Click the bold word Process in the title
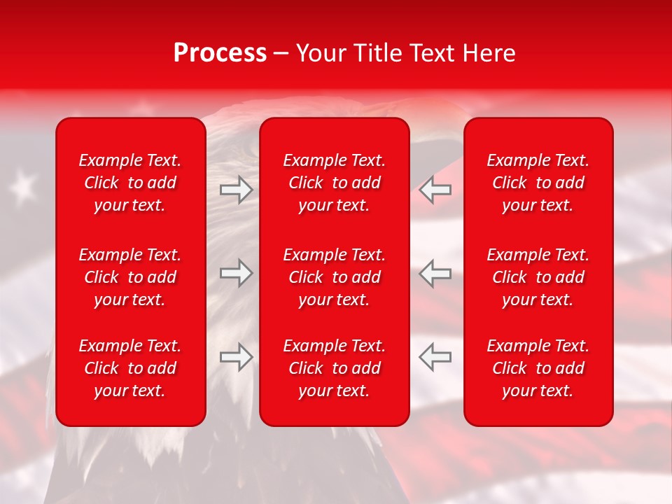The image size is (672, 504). coord(220,53)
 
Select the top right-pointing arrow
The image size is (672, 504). coord(236,190)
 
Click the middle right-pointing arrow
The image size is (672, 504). coord(236,273)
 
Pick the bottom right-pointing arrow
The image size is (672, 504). coord(236,357)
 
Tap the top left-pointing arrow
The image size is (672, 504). coord(435,190)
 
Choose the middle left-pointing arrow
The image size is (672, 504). coord(435,273)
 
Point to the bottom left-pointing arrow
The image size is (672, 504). coord(435,357)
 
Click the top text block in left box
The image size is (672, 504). coord(130,183)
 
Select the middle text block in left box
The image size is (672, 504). coord(130,277)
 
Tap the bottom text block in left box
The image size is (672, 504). coord(130,368)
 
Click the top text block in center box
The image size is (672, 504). coord(335,183)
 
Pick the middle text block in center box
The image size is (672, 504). coord(335,277)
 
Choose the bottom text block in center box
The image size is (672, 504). coord(335,368)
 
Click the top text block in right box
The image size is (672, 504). coord(538,183)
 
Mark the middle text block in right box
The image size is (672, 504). coord(538,277)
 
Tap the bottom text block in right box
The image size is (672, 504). coord(538,368)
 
